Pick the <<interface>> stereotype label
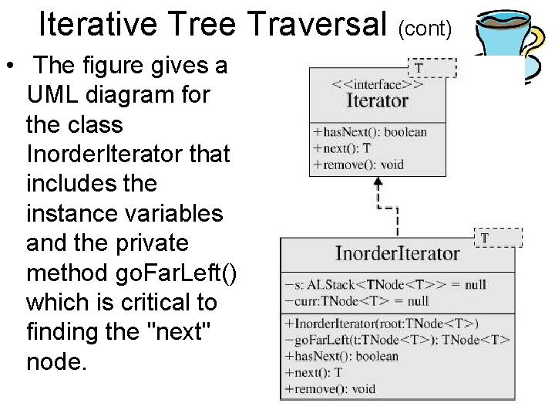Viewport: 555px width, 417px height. pos(377,85)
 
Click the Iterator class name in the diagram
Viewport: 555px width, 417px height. pos(377,101)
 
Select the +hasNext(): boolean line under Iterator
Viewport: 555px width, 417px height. pos(370,132)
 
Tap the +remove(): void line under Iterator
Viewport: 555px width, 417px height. pos(358,164)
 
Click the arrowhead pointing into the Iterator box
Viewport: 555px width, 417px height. pos(378,182)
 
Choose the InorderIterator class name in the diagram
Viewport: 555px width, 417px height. pos(397,253)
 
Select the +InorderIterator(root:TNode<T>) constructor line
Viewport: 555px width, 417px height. pos(382,324)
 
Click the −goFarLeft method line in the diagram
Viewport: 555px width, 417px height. pos(397,340)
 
